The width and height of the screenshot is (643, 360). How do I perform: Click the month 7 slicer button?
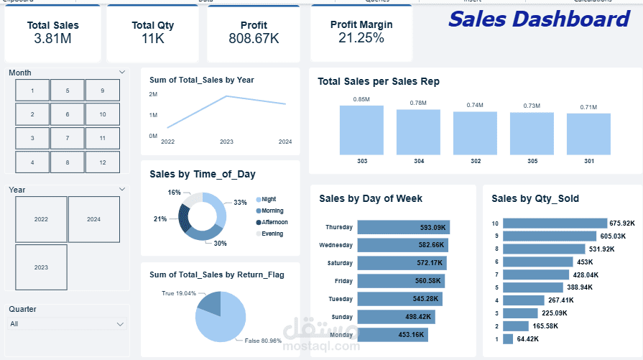68,138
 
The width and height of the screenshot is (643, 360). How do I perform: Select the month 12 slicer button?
103,162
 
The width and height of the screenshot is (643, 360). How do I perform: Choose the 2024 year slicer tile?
93,219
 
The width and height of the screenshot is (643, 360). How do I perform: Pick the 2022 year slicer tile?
41,219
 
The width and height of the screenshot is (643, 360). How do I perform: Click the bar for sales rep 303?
362,131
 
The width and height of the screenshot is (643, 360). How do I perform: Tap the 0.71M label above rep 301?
588,107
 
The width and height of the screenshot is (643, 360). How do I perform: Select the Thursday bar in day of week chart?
403,227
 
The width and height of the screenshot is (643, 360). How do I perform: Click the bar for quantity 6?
537,262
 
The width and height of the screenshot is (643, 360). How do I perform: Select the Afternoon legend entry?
272,222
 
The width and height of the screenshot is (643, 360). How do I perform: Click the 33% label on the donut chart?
240,203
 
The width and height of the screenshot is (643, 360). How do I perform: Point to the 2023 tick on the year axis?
226,142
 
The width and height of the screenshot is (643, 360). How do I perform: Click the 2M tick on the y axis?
153,94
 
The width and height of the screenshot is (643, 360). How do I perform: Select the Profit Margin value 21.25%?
361,38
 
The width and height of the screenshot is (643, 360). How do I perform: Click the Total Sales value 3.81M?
52,39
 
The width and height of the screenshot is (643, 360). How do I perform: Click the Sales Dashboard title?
539,19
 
